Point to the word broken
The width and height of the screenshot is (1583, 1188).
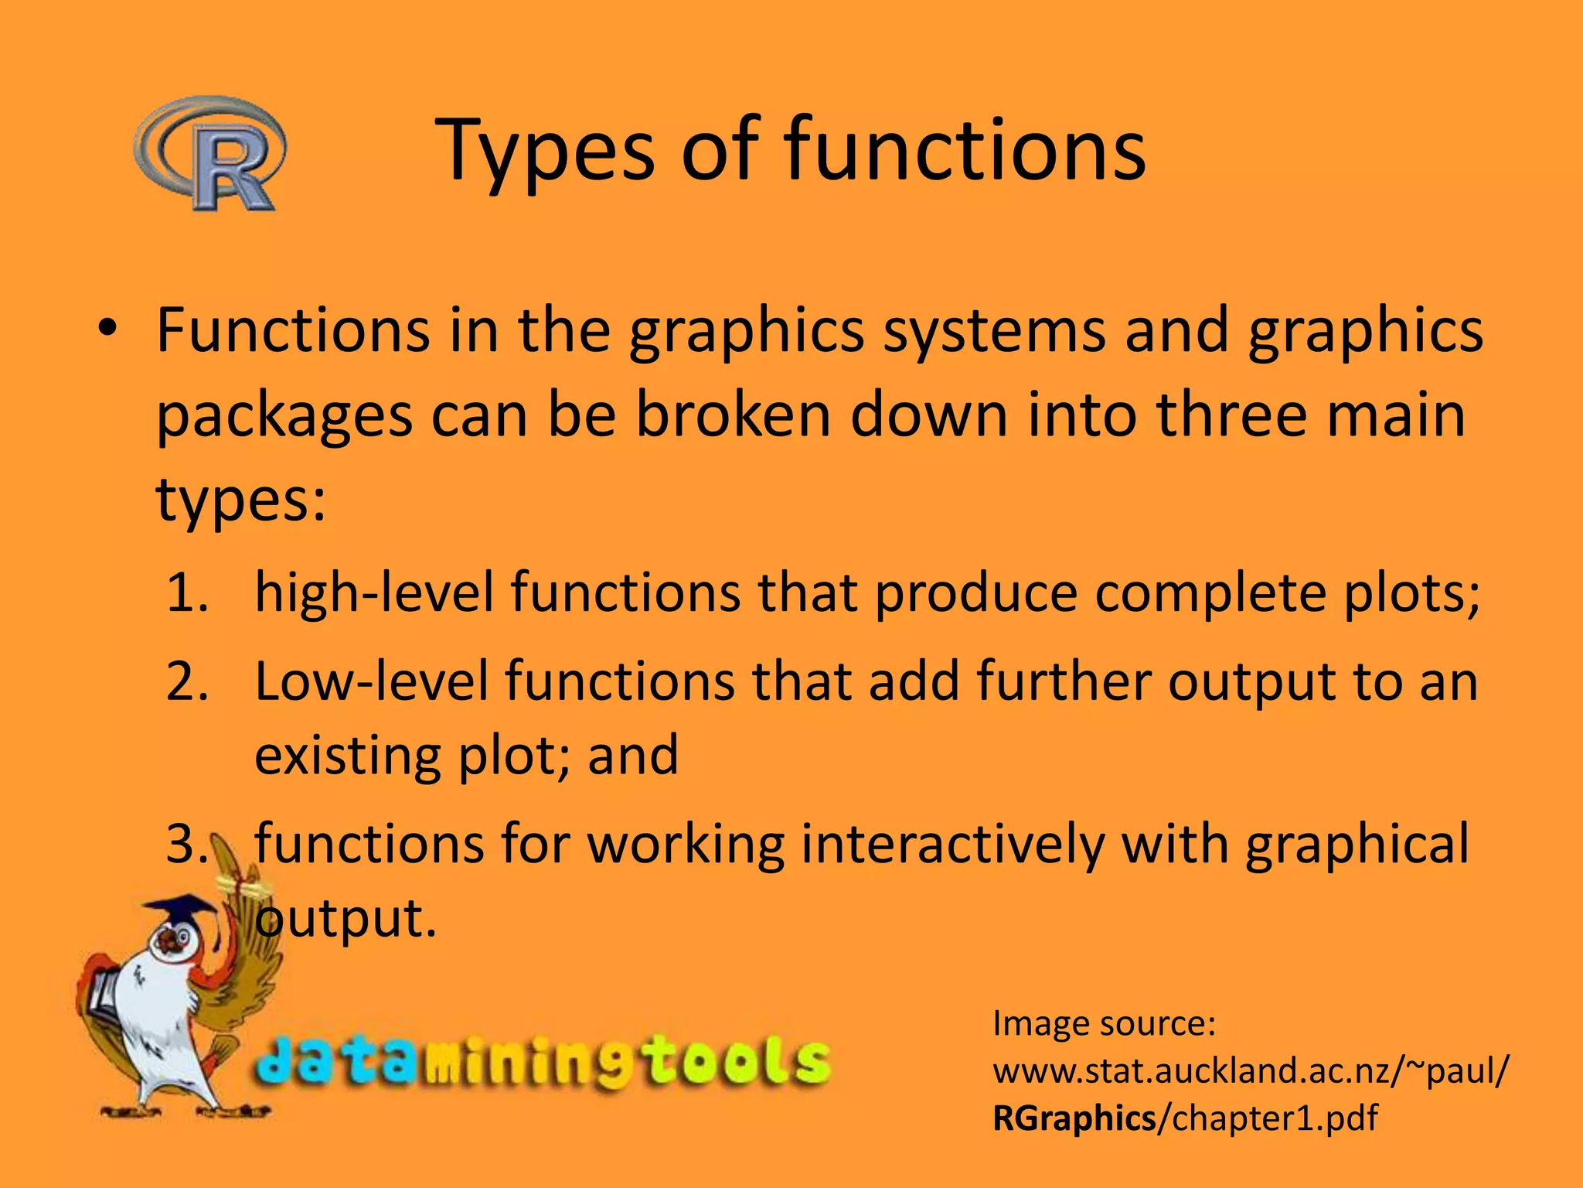tap(732, 415)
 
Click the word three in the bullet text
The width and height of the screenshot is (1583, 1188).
tap(1232, 415)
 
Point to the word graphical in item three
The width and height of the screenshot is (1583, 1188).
tap(1357, 845)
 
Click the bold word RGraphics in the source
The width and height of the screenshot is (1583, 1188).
tap(1074, 1118)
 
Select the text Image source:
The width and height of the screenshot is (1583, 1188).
tap(1104, 1024)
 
